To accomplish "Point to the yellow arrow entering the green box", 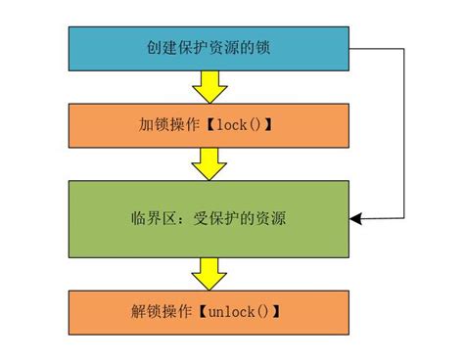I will point(209,164).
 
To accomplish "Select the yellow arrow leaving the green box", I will point(209,273).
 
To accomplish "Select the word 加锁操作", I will point(167,127).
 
